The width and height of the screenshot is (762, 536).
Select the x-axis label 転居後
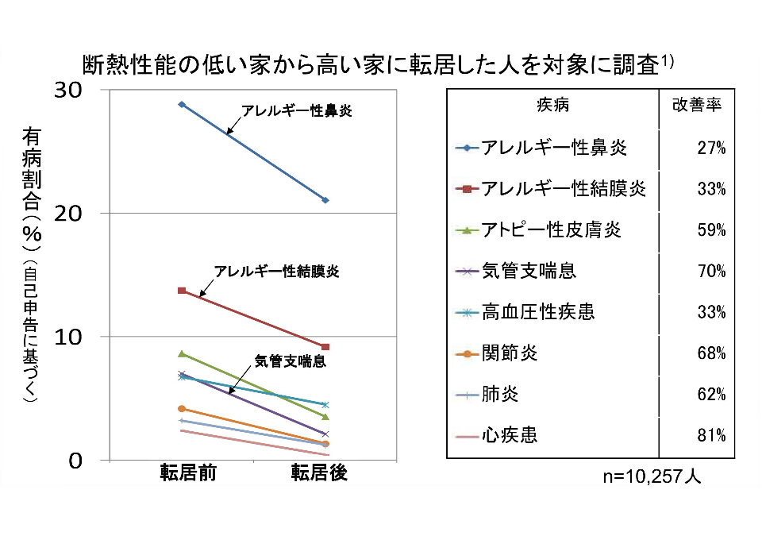click(x=319, y=473)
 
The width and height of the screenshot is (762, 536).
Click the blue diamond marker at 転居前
click(x=182, y=104)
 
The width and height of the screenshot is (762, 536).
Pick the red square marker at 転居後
click(x=325, y=347)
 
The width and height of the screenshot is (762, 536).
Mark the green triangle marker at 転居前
click(x=182, y=354)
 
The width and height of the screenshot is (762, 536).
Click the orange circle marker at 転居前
click(x=182, y=408)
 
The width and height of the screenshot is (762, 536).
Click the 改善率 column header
click(x=697, y=106)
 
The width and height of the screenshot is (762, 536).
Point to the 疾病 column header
click(x=552, y=106)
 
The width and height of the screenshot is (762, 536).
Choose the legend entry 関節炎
click(x=509, y=353)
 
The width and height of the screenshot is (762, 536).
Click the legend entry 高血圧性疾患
click(x=538, y=312)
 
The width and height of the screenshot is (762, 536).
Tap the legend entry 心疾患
click(x=509, y=435)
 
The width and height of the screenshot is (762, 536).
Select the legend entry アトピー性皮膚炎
click(x=551, y=230)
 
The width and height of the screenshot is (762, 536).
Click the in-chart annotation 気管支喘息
click(x=291, y=361)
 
